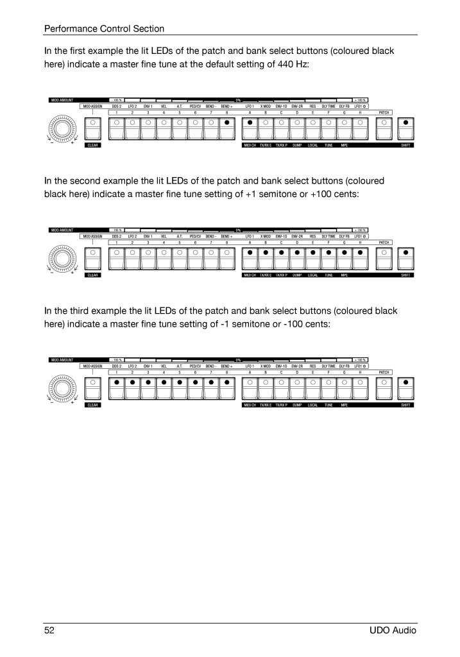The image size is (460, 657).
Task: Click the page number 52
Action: [x=49, y=631]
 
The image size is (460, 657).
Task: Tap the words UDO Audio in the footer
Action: [x=393, y=631]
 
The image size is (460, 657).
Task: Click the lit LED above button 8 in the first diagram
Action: [x=227, y=121]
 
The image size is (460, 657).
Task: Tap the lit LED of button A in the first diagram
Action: [x=250, y=121]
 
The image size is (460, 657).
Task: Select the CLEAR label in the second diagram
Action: [x=93, y=275]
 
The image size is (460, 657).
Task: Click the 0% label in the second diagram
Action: [x=238, y=229]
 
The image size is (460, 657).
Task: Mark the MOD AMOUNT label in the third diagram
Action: [x=62, y=359]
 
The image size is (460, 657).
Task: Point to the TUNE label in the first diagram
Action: [x=328, y=145]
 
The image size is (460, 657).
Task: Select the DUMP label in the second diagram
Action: [x=297, y=275]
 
